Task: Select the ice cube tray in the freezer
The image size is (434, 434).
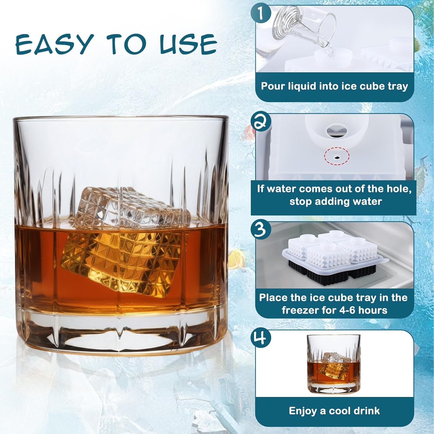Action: pos(334,255)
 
